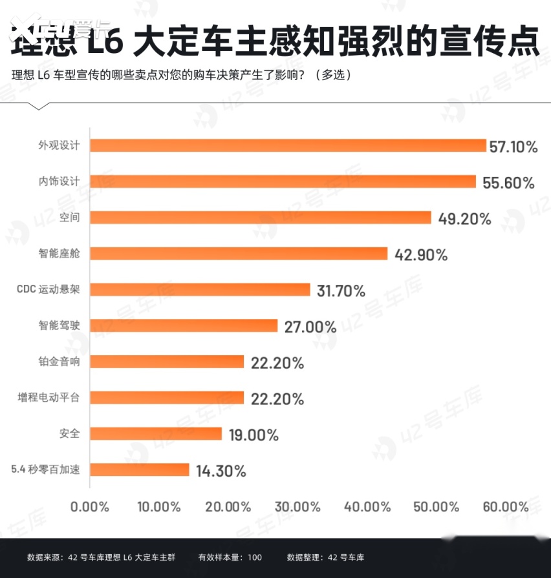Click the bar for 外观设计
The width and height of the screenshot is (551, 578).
pyautogui.click(x=288, y=145)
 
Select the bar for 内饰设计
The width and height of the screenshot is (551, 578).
pyautogui.click(x=283, y=181)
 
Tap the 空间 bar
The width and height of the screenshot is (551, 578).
pyautogui.click(x=260, y=218)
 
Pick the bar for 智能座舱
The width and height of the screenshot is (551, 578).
pyautogui.click(x=238, y=254)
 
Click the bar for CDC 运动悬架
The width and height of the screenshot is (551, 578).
pyautogui.click(x=200, y=290)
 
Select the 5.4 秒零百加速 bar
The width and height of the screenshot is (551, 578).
pyautogui.click(x=139, y=470)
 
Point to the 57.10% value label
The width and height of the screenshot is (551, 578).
pyautogui.click(x=513, y=147)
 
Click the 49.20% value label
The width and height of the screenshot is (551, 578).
pyautogui.click(x=464, y=219)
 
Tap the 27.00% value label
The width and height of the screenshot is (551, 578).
pyautogui.click(x=310, y=327)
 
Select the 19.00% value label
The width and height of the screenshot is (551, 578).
pyautogui.click(x=254, y=435)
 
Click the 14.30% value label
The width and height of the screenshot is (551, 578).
pyautogui.click(x=221, y=471)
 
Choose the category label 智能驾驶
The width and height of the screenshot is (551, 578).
pyautogui.click(x=59, y=325)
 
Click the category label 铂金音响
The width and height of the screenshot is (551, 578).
pyautogui.click(x=59, y=362)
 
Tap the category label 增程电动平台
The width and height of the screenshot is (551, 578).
pyautogui.click(x=49, y=398)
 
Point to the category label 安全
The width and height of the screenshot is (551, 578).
pyautogui.click(x=69, y=433)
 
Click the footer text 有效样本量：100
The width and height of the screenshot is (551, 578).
pyautogui.click(x=230, y=557)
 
